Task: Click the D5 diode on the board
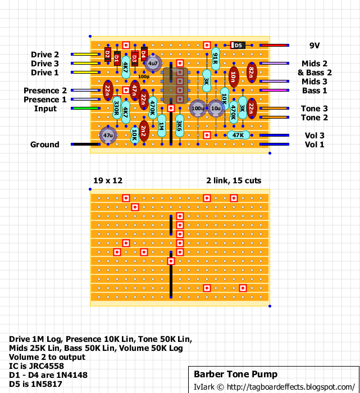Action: (238, 45)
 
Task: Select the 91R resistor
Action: (216, 58)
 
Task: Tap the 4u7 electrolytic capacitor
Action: (153, 63)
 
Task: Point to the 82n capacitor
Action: (252, 73)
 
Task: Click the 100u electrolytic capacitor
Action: (198, 109)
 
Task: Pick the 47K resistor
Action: (238, 135)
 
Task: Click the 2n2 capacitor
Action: (144, 131)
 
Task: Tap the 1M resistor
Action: (162, 126)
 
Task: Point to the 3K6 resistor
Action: (180, 126)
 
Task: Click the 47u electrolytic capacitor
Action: (108, 135)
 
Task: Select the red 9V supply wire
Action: (274, 46)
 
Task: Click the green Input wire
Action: (85, 109)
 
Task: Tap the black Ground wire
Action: (85, 144)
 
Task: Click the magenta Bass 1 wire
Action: (274, 90)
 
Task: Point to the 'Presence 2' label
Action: (45, 91)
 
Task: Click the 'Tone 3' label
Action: (314, 109)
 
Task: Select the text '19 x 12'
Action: (108, 180)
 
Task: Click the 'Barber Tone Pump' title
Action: (235, 374)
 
